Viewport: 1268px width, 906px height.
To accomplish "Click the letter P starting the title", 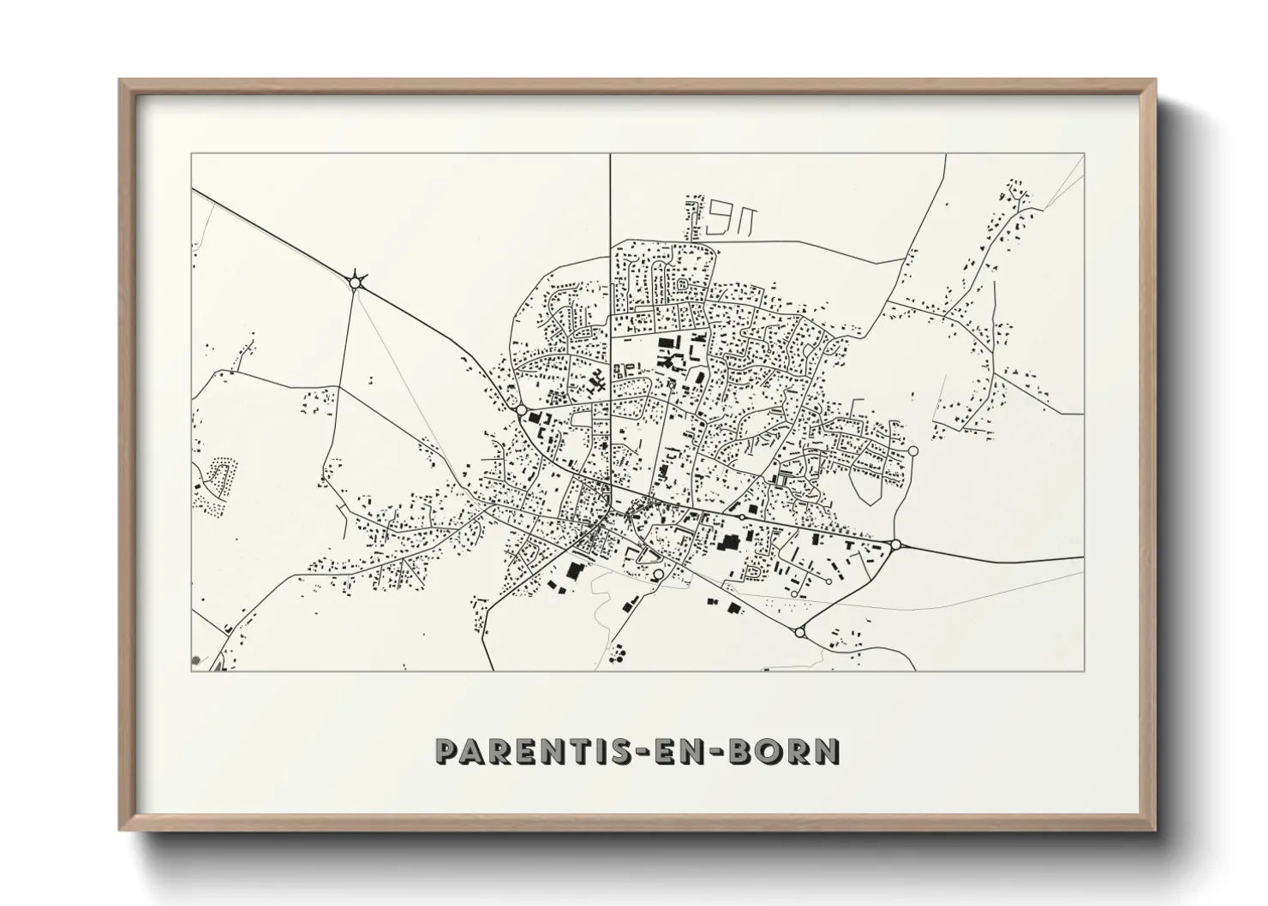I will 448,751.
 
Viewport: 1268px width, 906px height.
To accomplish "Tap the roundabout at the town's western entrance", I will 521,411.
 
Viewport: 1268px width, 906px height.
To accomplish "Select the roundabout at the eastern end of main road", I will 896,544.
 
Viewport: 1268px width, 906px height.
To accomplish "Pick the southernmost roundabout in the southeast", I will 799,632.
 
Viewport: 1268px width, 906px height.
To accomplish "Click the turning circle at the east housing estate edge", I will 912,450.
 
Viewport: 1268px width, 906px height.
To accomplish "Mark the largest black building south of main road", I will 730,542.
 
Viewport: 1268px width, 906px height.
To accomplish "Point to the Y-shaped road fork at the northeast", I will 1018,196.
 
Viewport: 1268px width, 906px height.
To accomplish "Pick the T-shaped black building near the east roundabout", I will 849,545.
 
